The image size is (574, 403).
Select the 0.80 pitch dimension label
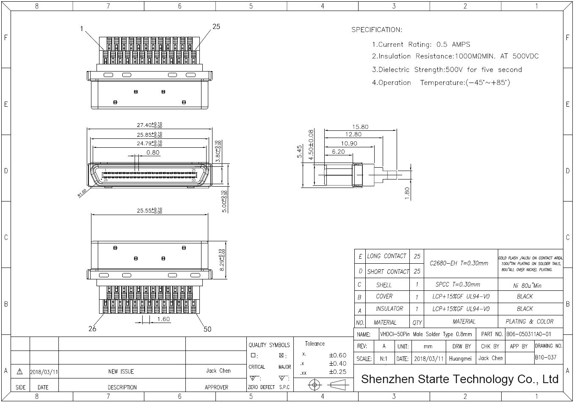tap(153, 152)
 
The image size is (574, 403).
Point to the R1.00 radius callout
tap(82, 193)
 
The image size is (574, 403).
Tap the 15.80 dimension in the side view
tap(360, 127)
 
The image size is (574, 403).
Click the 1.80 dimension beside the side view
tap(407, 193)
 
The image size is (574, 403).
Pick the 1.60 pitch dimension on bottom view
tap(163, 319)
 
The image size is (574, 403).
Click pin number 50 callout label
tap(207, 329)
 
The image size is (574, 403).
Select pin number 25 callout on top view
tap(216, 26)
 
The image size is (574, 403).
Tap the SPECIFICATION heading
tap(376, 30)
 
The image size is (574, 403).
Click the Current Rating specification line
tap(421, 44)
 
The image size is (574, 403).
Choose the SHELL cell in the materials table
tap(384, 285)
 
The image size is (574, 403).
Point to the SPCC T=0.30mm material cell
tap(461, 284)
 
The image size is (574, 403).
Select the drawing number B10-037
tap(546, 357)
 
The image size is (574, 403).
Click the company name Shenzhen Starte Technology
tap(460, 379)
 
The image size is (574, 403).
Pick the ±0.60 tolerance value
tap(337, 355)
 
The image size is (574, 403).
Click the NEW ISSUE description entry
tap(121, 372)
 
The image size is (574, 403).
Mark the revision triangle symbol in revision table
tap(19, 372)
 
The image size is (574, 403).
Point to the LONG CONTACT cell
tap(386, 256)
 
